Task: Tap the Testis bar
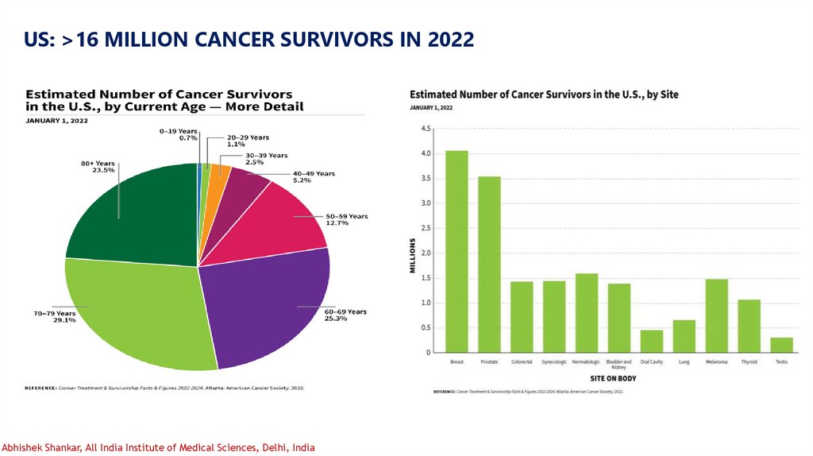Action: (x=781, y=345)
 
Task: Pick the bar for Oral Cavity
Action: (x=651, y=341)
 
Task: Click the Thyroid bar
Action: (x=749, y=326)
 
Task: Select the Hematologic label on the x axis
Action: (x=586, y=362)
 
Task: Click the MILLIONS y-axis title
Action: (x=413, y=255)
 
